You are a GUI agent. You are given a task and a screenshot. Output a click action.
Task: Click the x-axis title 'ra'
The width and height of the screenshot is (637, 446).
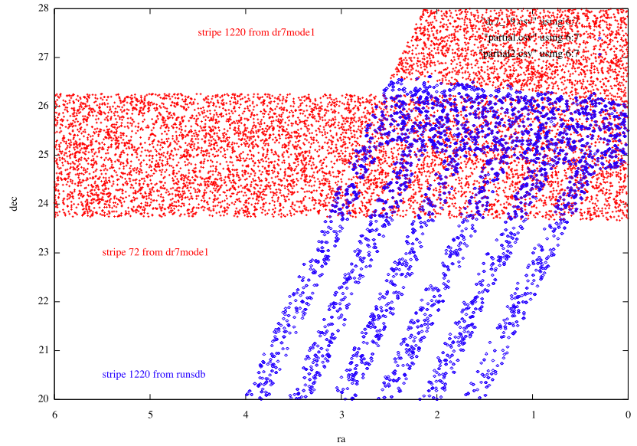(x=341, y=439)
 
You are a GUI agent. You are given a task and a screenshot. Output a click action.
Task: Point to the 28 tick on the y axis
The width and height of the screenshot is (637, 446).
(x=42, y=8)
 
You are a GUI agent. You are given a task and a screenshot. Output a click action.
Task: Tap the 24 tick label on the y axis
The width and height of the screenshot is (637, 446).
(x=42, y=203)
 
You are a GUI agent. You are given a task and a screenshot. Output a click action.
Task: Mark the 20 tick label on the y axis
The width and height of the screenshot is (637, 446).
(x=42, y=398)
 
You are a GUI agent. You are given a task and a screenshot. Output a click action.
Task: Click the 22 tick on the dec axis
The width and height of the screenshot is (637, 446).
(x=42, y=301)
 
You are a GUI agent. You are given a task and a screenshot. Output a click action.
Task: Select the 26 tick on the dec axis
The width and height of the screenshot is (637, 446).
(x=42, y=106)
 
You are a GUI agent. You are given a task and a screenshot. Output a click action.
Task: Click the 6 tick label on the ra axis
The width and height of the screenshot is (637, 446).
(x=55, y=414)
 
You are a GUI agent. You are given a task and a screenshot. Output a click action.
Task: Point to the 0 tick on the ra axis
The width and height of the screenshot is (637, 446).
(x=627, y=414)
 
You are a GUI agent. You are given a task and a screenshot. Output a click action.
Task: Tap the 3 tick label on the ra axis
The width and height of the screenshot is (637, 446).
(x=341, y=414)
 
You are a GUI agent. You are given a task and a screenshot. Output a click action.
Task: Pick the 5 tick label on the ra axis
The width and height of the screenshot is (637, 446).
(x=151, y=414)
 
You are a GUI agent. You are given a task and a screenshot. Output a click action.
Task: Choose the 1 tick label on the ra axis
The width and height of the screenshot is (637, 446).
(x=532, y=414)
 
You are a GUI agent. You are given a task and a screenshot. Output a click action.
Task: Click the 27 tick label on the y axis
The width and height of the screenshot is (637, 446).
(x=42, y=57)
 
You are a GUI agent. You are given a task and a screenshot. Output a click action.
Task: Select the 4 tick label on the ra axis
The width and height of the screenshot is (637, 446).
(x=246, y=414)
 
